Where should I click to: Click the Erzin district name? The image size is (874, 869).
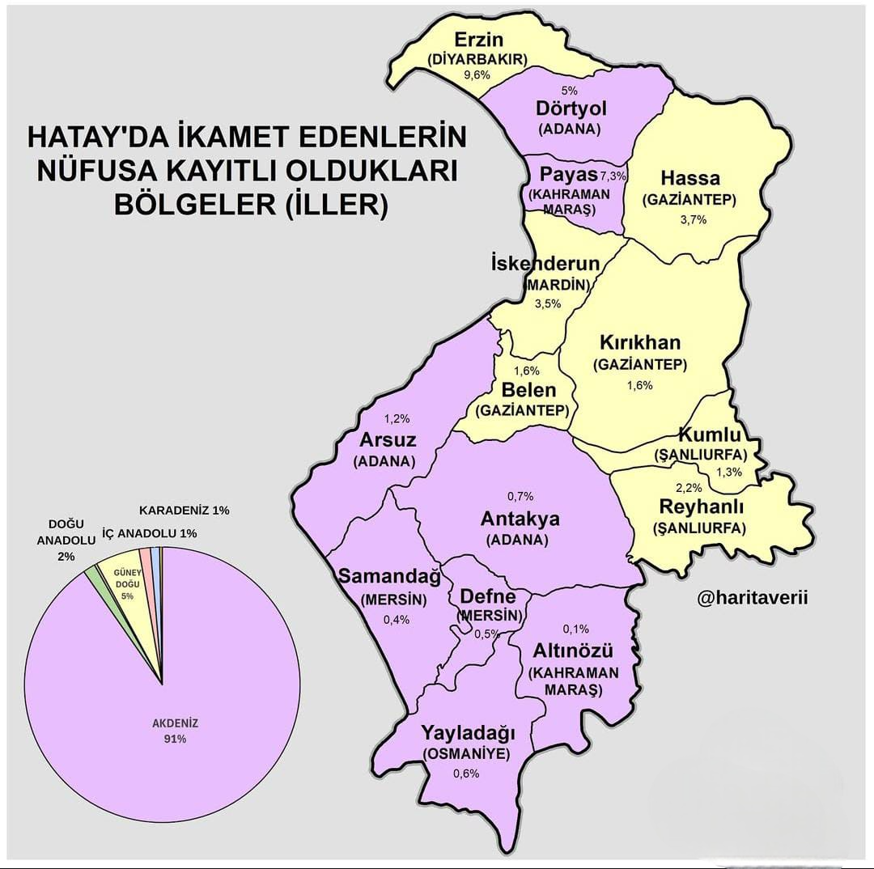click(479, 40)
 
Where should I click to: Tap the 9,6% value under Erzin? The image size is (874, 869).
click(477, 74)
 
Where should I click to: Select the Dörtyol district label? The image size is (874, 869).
click(571, 109)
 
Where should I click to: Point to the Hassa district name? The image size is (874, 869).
click(690, 178)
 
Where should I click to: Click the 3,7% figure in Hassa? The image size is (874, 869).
click(694, 219)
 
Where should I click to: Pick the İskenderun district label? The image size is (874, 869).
click(546, 264)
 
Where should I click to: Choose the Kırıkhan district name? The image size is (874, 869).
click(640, 341)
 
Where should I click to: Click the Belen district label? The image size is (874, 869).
click(528, 391)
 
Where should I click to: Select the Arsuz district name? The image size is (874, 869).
click(388, 441)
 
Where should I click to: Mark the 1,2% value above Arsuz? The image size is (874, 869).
click(397, 418)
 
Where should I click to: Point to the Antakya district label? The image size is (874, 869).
click(520, 518)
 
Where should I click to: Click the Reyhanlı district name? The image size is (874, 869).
click(702, 507)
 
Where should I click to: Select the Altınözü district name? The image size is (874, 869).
click(573, 651)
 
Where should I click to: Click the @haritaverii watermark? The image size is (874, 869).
click(753, 598)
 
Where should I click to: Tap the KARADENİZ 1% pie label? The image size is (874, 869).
click(185, 511)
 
